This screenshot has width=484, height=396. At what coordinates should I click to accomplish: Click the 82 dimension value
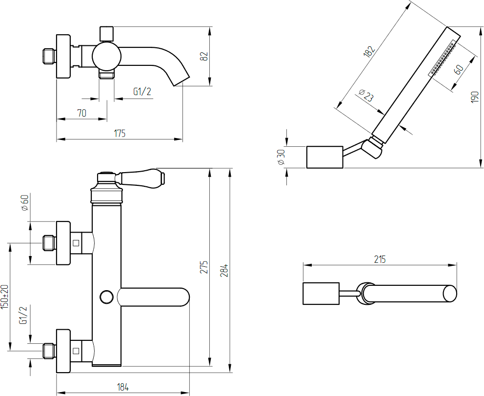(204, 56)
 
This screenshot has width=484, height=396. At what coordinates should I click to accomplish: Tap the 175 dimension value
(120, 133)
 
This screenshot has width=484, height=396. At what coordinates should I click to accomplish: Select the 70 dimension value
(82, 113)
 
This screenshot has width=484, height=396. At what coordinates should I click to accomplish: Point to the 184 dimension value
(123, 387)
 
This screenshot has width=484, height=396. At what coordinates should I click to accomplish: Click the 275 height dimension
(204, 267)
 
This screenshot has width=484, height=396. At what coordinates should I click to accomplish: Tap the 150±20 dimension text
(4, 297)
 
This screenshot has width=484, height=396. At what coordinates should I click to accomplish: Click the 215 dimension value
(380, 259)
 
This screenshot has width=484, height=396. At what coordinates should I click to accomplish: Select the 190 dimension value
(475, 97)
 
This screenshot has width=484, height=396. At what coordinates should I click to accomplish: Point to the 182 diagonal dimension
(369, 51)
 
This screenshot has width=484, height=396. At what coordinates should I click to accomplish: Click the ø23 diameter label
(367, 96)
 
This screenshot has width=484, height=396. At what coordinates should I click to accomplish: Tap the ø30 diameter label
(281, 158)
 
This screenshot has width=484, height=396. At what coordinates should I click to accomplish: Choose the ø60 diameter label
(25, 202)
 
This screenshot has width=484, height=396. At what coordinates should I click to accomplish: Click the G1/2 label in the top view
(142, 92)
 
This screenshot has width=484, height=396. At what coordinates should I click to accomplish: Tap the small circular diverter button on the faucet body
(107, 297)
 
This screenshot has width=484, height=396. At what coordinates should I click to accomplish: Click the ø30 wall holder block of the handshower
(325, 157)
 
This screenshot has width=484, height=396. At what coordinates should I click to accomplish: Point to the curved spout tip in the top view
(181, 81)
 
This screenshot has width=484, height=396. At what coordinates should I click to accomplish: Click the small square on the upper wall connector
(76, 243)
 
